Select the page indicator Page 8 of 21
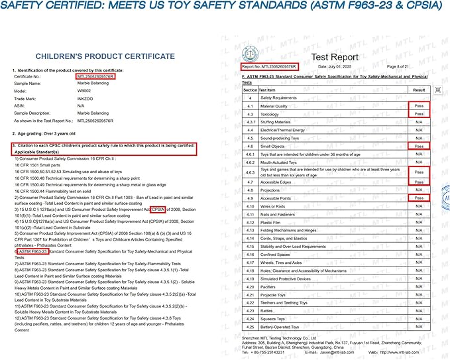(402, 67)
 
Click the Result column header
(419, 90)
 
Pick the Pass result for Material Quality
(419, 106)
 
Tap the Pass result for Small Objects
(419, 146)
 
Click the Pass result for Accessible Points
(419, 198)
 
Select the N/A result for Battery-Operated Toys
(419, 327)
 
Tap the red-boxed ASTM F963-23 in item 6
(31, 252)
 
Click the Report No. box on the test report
(269, 67)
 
